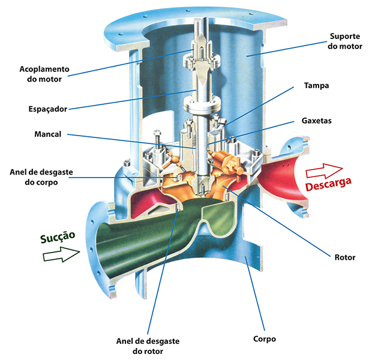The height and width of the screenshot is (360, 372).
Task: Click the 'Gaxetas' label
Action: pos(316,121)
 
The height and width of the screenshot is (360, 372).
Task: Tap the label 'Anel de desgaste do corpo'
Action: pos(41,176)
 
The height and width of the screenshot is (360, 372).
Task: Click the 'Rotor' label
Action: pos(344,257)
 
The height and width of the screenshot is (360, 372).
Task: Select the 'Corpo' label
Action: pos(265,338)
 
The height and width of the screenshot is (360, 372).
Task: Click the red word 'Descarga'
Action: pos(328,185)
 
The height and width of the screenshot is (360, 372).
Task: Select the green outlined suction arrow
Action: pos(61,256)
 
